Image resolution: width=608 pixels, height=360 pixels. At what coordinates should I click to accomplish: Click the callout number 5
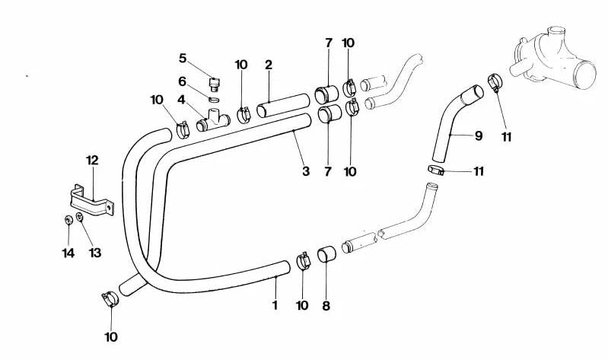coord(183,59)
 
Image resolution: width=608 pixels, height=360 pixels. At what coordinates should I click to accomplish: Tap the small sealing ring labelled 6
coord(214,99)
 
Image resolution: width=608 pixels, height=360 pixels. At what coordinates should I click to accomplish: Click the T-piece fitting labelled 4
coord(213,120)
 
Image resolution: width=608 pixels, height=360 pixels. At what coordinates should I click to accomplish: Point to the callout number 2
coord(269,65)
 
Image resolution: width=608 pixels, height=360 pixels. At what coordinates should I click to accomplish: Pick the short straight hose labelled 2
coord(283,105)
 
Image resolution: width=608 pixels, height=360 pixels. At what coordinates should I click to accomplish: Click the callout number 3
coord(306,171)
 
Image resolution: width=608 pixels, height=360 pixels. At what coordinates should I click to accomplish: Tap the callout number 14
coord(68,253)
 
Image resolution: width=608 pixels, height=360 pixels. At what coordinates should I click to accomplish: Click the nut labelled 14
coord(68,220)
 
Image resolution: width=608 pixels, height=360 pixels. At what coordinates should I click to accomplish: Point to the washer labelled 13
coord(79,217)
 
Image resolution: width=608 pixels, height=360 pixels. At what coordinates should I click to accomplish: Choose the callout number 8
coord(326,306)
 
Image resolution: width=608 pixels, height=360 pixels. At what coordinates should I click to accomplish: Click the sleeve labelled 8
coord(327,254)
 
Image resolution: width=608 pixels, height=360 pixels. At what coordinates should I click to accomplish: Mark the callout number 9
coord(479,135)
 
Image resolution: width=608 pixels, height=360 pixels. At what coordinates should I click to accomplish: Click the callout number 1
coord(275,305)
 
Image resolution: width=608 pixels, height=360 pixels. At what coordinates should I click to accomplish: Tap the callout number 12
coord(92,161)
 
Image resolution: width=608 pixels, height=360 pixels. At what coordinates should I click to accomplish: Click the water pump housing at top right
coord(555,58)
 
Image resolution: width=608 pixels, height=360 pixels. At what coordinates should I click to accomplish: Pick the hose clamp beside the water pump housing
coord(495,82)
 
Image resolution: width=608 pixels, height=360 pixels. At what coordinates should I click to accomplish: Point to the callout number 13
coord(95,253)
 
